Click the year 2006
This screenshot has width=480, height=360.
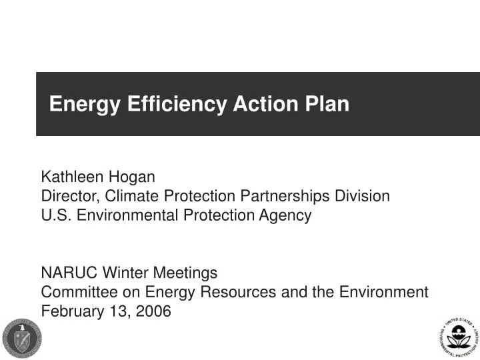pyautogui.click(x=155, y=311)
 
